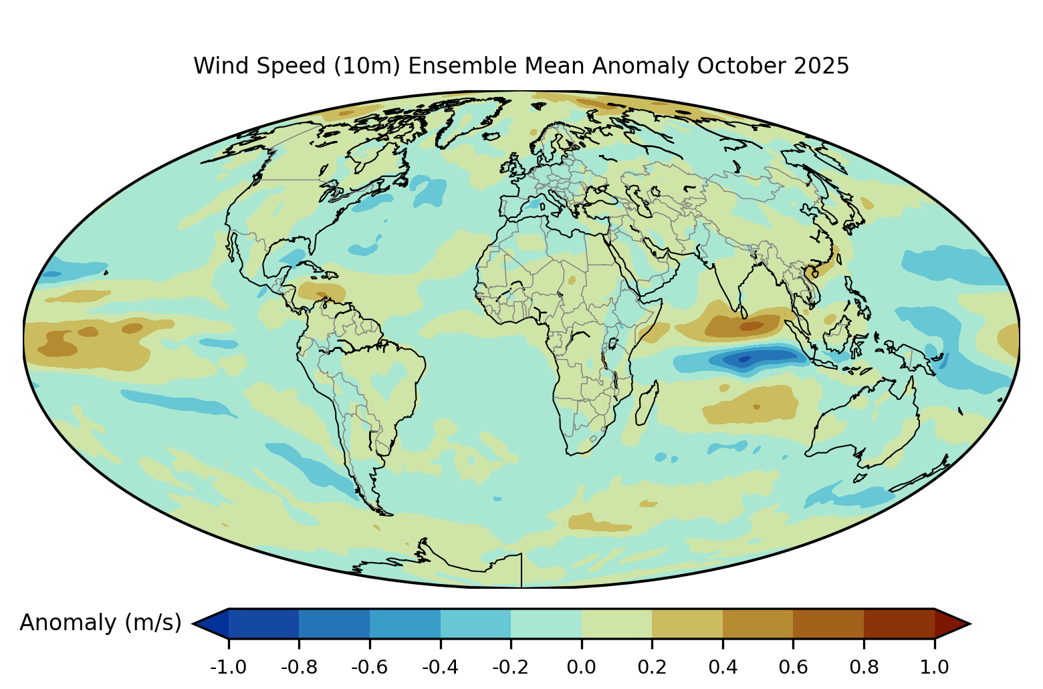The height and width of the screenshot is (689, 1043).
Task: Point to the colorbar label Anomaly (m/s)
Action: [x=100, y=623]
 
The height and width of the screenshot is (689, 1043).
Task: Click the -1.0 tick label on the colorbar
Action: [x=228, y=667]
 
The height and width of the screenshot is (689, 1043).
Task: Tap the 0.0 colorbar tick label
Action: [x=582, y=667]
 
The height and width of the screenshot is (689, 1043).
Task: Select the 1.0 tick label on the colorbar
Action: [x=934, y=667]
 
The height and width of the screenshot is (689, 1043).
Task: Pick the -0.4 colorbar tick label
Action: [x=440, y=667]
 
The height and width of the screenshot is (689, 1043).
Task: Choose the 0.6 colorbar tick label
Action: [x=793, y=667]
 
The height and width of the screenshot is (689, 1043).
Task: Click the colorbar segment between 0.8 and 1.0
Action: [x=899, y=624]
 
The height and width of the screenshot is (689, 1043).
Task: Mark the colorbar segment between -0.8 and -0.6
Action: [x=334, y=624]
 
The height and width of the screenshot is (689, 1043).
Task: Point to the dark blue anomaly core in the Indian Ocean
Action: [x=743, y=360]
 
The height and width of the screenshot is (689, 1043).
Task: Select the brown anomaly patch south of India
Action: [x=742, y=326]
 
